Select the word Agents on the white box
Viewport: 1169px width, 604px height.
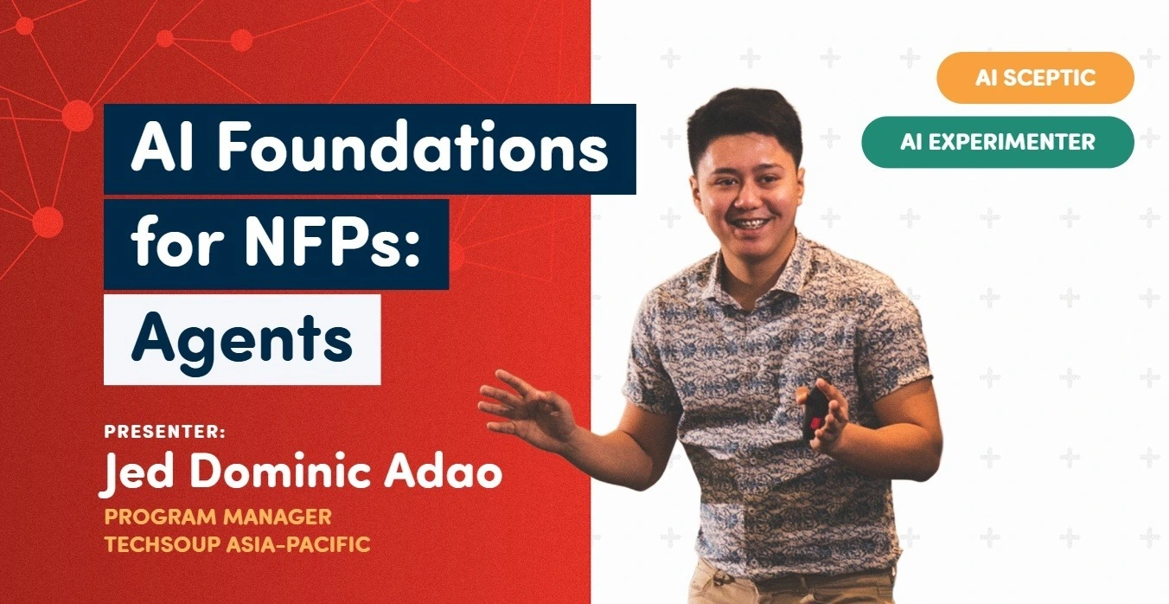242,341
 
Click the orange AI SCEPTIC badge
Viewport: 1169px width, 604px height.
1035,77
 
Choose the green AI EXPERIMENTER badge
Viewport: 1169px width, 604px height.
998,142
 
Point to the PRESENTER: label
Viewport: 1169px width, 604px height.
165,432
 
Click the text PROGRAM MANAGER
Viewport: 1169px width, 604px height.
218,517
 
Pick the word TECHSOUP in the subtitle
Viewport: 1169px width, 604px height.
163,544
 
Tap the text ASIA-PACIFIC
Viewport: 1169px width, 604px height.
298,544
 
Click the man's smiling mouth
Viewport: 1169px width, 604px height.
751,225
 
